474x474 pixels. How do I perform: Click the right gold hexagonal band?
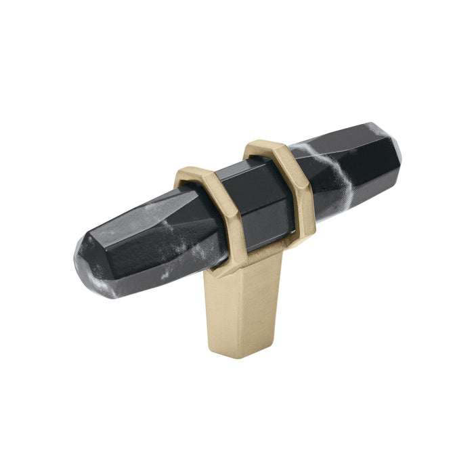coord(298,183)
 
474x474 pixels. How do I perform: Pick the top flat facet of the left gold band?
coord(193,174)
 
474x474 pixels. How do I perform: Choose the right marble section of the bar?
coord(352,166)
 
